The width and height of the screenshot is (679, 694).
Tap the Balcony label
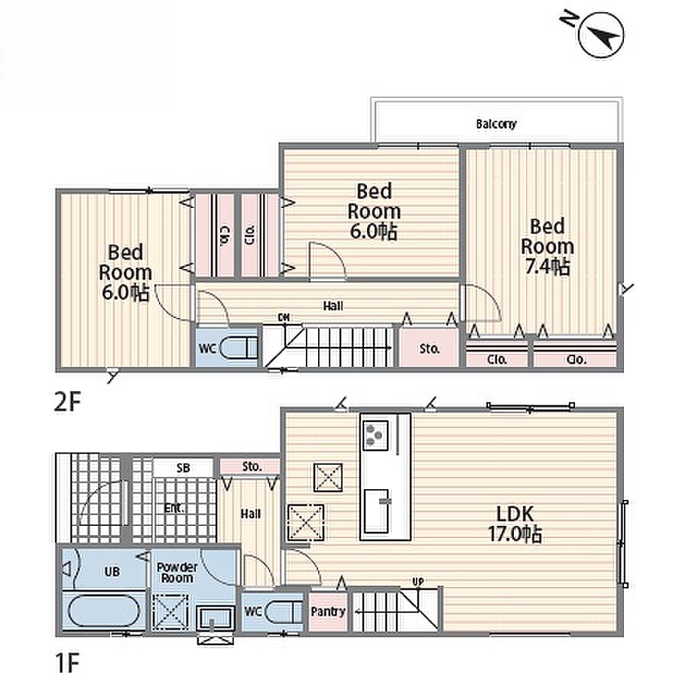click(x=496, y=124)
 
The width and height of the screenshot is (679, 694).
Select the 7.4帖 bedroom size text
click(x=547, y=267)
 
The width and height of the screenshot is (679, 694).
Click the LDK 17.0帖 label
click(x=515, y=524)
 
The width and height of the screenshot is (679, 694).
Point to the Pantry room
click(x=328, y=611)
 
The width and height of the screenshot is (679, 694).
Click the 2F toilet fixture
click(x=239, y=348)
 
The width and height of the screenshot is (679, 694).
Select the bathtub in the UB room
click(x=102, y=611)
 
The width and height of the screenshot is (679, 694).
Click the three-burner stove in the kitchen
click(x=375, y=435)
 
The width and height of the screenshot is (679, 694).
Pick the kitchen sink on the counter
click(x=376, y=511)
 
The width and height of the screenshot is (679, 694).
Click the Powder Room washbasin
click(x=216, y=618)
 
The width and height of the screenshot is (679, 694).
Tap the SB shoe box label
click(x=183, y=468)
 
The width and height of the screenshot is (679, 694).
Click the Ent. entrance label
click(x=174, y=508)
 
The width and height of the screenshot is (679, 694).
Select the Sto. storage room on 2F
click(x=429, y=349)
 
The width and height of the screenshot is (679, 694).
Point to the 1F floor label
click(x=67, y=664)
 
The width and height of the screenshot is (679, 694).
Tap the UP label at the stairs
click(x=418, y=582)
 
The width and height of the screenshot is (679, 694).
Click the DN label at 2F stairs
click(x=284, y=317)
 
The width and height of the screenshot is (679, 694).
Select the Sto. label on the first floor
click(x=252, y=466)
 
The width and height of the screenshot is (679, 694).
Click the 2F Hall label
click(x=333, y=306)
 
